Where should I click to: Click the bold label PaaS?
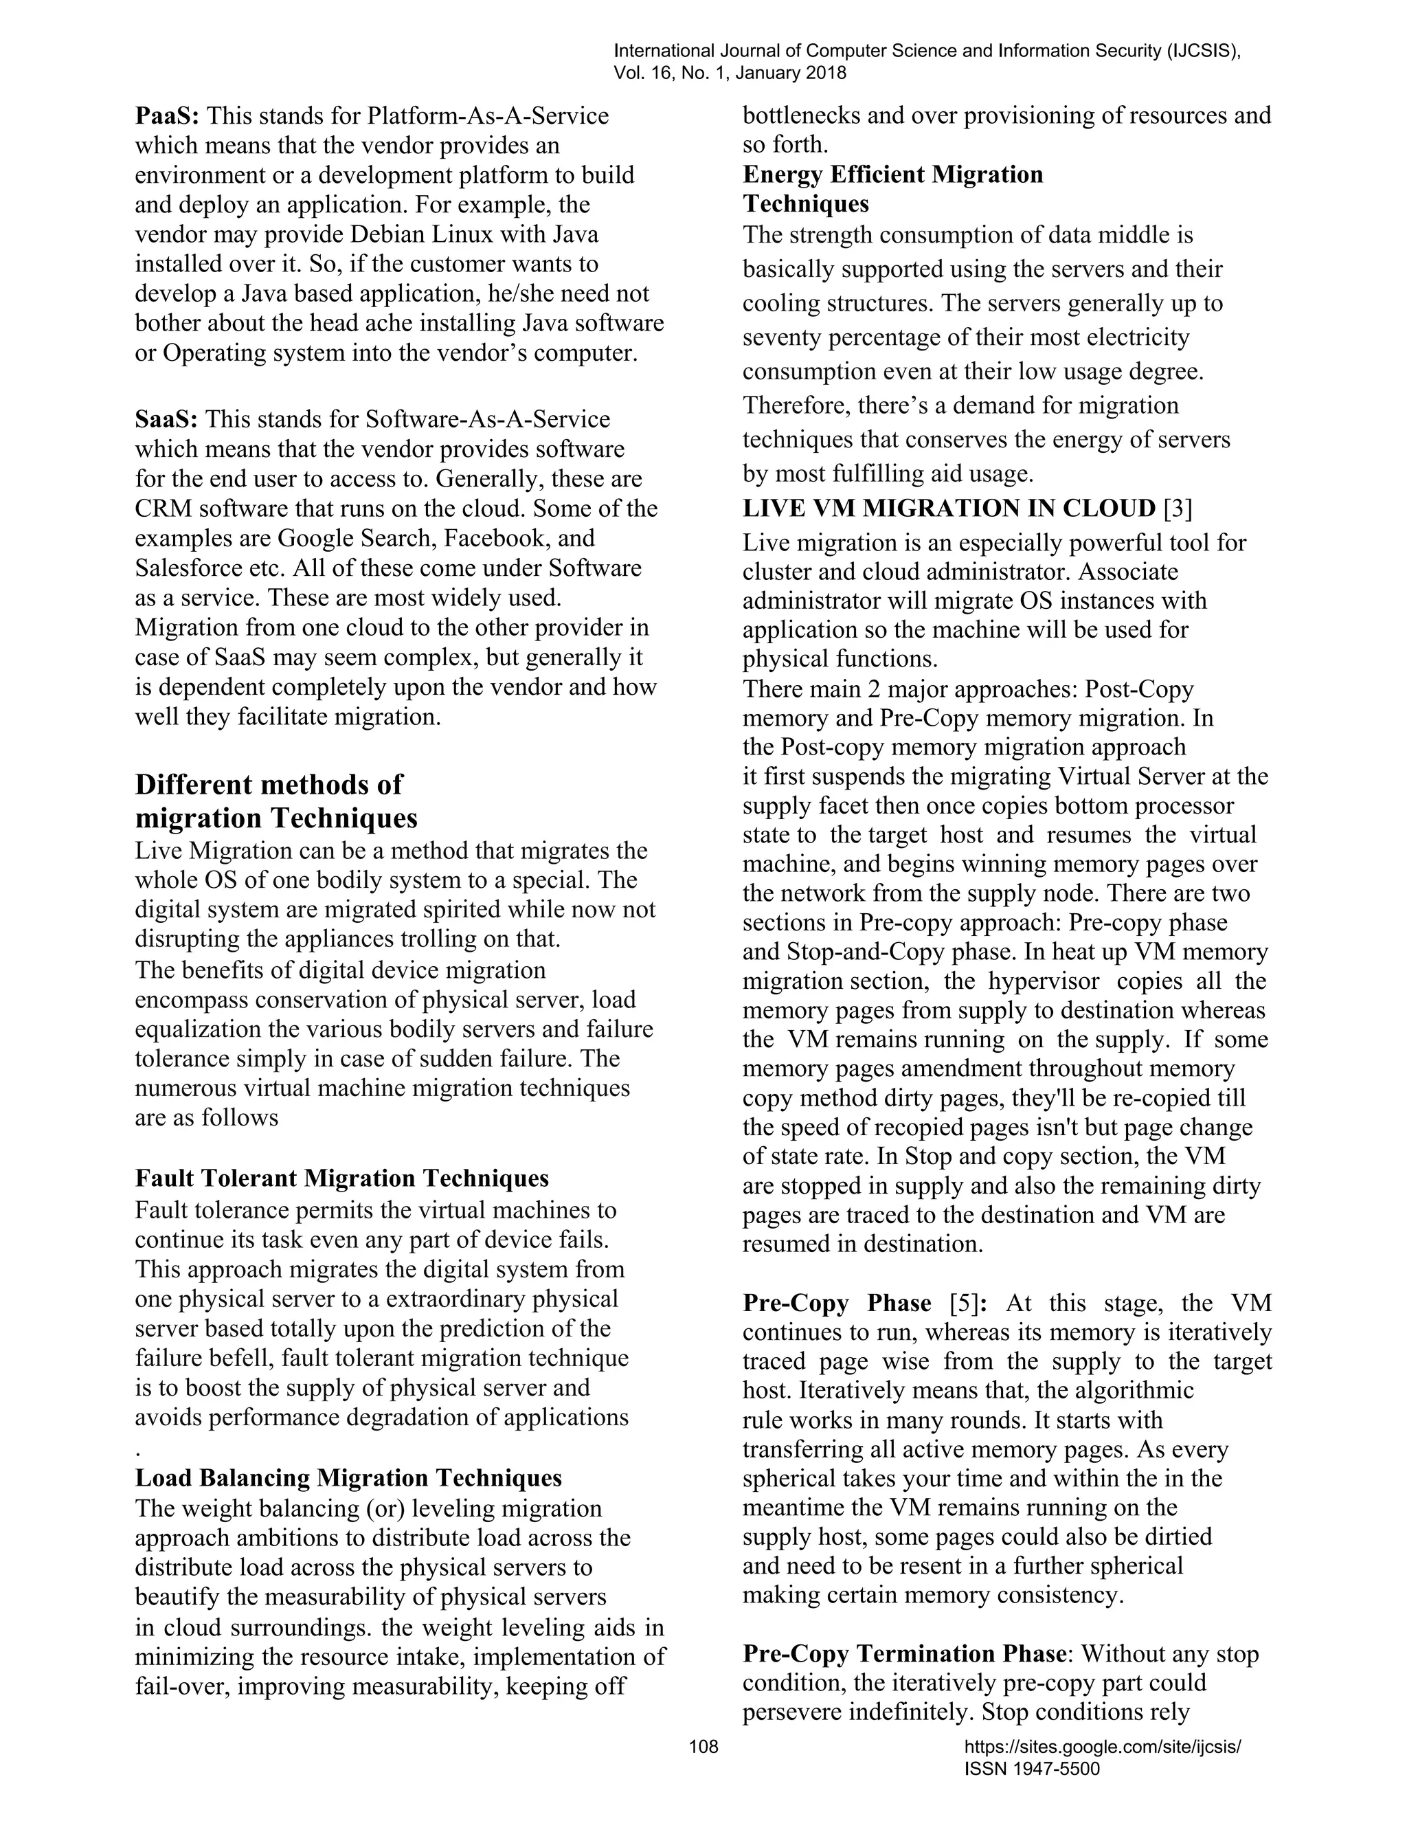167,116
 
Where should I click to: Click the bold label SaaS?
167,419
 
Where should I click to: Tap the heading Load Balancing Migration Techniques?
348,1478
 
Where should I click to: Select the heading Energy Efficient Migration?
892,175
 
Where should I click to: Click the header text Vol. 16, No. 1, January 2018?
730,74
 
